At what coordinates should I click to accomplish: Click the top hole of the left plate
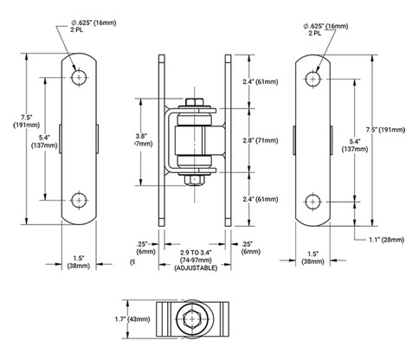[x=80, y=77]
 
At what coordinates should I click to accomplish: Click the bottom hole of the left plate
[x=80, y=198]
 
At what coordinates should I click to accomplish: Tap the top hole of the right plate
[x=312, y=77]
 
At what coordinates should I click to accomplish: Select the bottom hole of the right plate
[x=312, y=198]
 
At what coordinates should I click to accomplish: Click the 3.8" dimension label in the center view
[x=143, y=135]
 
